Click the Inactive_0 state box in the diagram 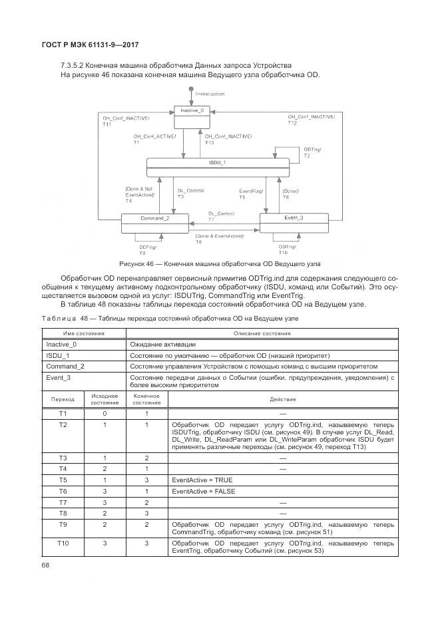(191, 118)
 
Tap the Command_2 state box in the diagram (154, 223)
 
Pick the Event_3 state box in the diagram (294, 223)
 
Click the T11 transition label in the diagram (107, 124)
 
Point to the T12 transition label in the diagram (292, 123)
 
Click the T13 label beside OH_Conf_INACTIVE (209, 142)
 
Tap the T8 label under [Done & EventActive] (198, 241)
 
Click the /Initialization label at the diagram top (210, 94)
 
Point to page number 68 (47, 565)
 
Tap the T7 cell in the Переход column (63, 502)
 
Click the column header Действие (282, 399)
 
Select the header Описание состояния (262, 333)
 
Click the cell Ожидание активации (162, 345)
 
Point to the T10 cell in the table (63, 544)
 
